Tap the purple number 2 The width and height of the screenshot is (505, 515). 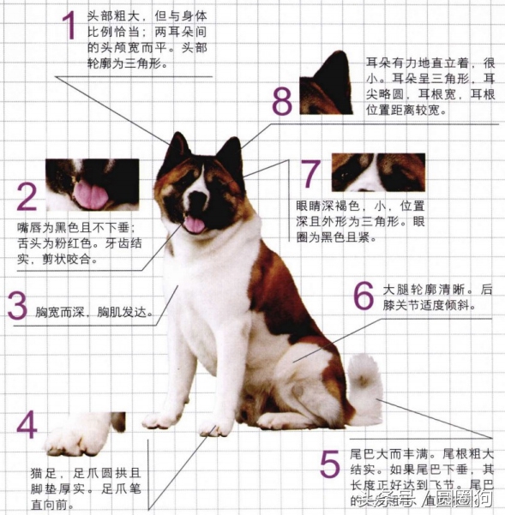tap(27, 196)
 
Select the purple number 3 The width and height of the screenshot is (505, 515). tap(17, 307)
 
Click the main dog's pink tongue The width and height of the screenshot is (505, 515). tap(195, 225)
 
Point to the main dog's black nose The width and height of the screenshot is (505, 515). tap(196, 203)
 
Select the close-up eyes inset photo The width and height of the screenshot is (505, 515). tap(377, 172)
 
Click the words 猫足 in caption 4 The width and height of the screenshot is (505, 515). tap(39, 472)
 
